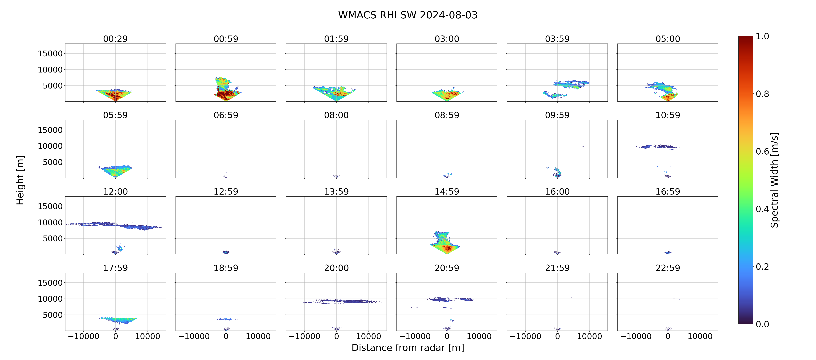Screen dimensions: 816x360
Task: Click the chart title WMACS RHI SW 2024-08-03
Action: click(x=408, y=15)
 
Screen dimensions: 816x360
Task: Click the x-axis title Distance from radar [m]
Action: click(x=408, y=348)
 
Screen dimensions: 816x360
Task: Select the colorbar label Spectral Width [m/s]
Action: click(x=774, y=180)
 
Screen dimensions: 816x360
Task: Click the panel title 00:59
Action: click(x=226, y=39)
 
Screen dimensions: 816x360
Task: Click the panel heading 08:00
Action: click(x=336, y=115)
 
